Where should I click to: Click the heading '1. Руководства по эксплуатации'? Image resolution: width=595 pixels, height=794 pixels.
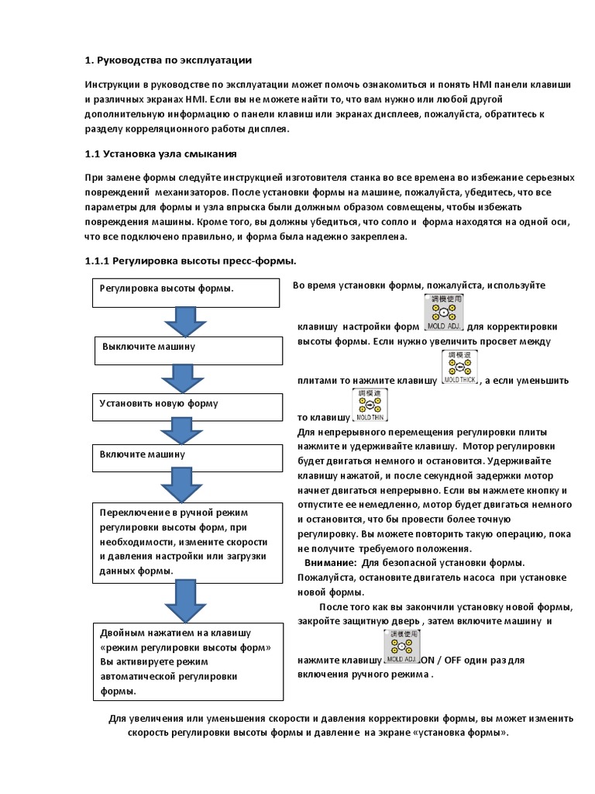click(x=168, y=60)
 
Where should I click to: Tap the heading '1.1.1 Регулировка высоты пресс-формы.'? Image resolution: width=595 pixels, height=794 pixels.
click(x=191, y=260)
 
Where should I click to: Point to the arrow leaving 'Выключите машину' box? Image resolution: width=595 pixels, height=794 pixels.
click(x=182, y=378)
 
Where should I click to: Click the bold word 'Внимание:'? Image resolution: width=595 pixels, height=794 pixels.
click(x=331, y=562)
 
